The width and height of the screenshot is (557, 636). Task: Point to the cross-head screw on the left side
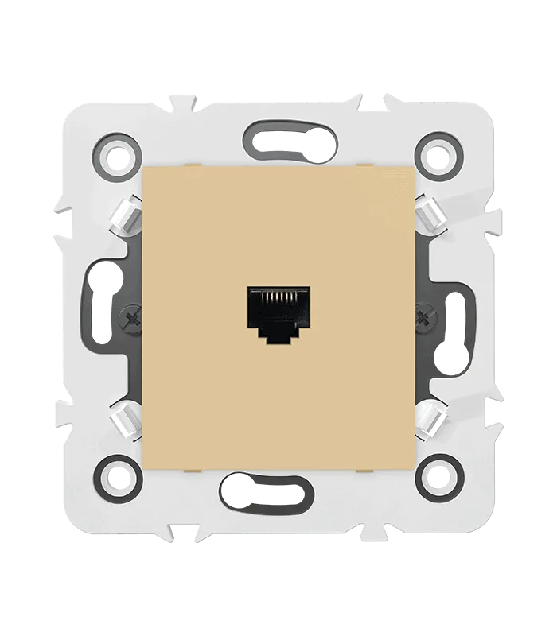click(130, 320)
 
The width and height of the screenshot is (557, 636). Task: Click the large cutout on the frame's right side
click(450, 318)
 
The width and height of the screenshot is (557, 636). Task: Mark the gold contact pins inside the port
click(278, 299)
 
